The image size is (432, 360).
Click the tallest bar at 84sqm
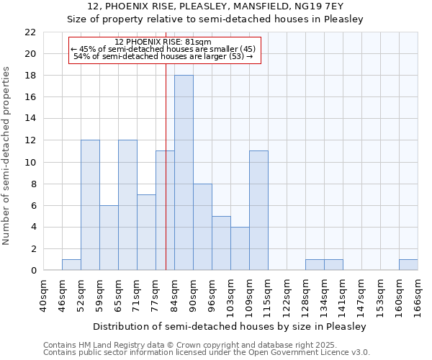(x=184, y=173)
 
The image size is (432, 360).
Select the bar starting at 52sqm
(x=90, y=205)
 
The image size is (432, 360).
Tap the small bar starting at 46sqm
(x=71, y=265)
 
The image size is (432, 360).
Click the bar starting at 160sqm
(x=408, y=265)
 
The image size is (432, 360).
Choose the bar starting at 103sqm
(x=240, y=248)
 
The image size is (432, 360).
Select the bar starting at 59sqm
(x=109, y=238)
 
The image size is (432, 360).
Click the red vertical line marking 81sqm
(x=166, y=180)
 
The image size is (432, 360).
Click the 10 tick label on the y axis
(x=30, y=163)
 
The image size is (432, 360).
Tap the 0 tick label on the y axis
(x=33, y=271)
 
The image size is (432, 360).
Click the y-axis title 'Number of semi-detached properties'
(x=7, y=156)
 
